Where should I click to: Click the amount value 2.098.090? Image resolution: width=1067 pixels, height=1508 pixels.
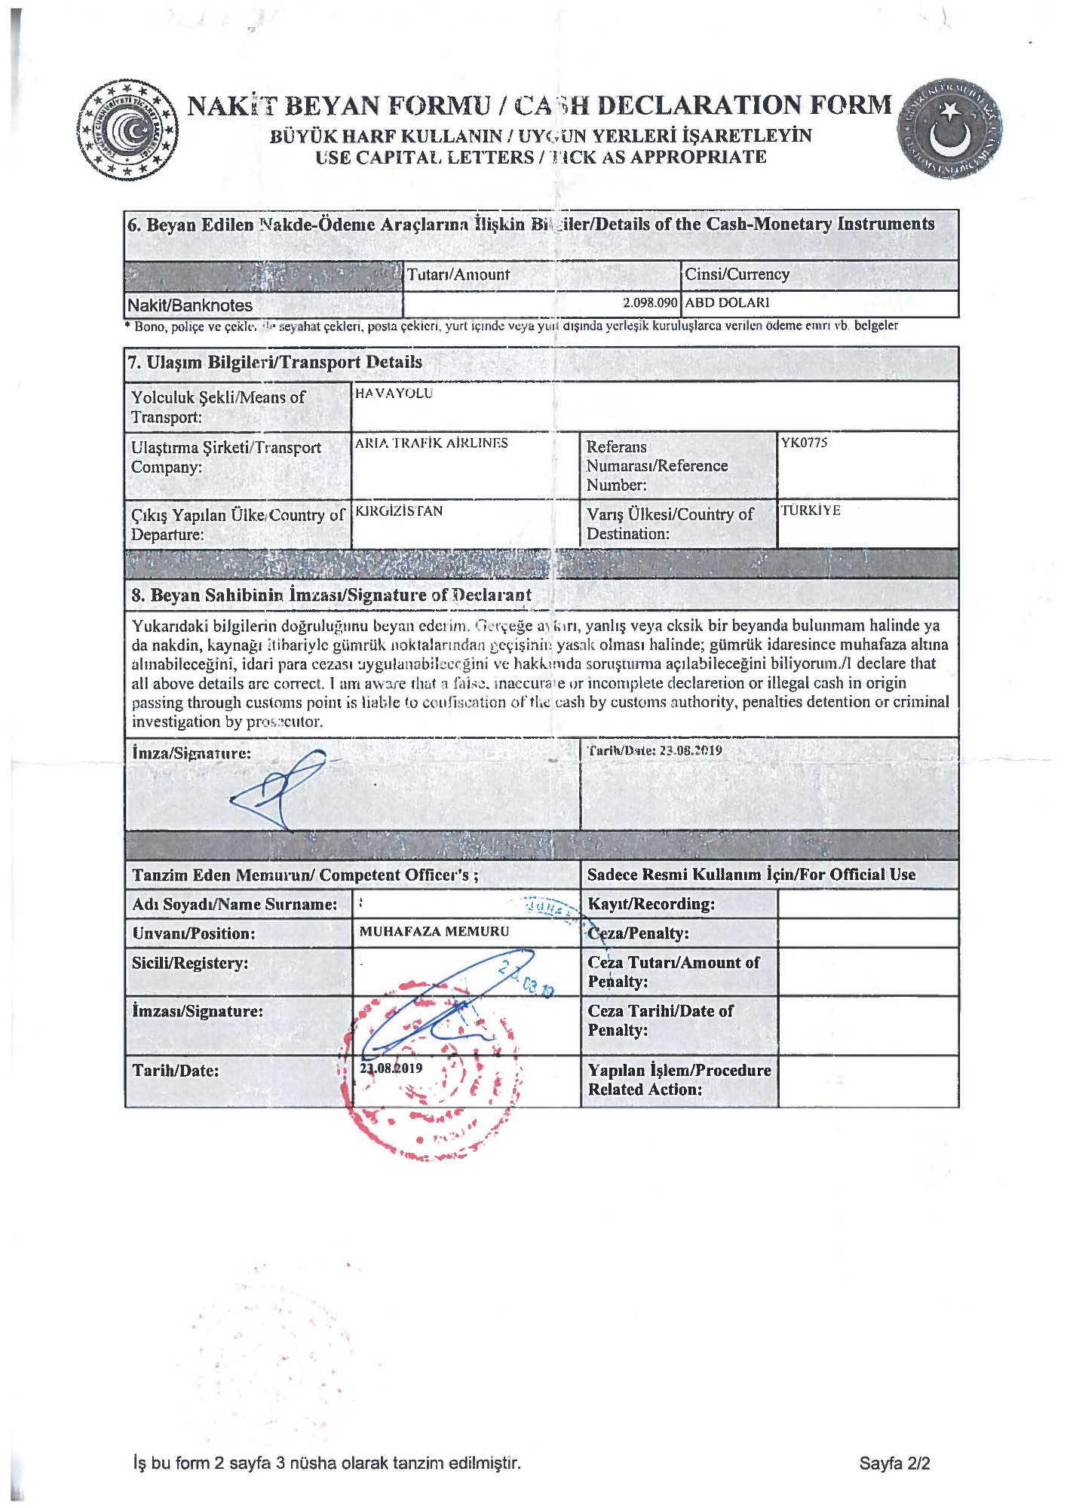649,302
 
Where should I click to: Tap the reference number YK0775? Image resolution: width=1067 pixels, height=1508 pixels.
804,443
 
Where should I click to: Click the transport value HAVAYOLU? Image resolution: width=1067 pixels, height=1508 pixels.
394,394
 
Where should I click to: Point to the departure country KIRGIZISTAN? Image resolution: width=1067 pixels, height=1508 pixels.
399,511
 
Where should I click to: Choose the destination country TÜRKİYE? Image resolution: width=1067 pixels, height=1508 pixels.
810,510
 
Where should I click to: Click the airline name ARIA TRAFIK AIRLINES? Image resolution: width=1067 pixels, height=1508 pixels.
431,443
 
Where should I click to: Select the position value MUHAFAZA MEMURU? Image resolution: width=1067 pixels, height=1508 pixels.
434,932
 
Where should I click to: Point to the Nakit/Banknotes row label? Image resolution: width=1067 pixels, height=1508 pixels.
190,305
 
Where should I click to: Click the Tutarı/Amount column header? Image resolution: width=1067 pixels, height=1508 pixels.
458,274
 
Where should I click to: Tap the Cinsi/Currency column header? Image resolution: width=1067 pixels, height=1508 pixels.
737,274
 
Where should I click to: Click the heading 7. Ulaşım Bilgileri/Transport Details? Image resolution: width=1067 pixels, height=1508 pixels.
275,362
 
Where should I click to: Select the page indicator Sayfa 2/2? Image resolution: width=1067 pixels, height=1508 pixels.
894,1464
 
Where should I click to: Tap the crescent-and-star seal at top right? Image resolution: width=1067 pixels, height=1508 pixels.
949,127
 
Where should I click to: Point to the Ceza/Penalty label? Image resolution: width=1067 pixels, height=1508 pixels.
638,933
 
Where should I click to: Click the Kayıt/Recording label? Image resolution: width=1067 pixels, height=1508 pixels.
651,904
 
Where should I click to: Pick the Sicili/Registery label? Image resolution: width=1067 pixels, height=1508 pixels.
190,963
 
